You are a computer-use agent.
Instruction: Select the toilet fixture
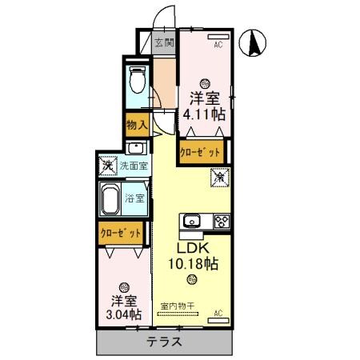136,80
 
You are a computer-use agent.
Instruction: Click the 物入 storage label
136,125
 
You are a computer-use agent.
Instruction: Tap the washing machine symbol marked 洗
108,166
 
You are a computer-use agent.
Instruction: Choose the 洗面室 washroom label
134,166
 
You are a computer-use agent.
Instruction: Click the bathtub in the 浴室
110,198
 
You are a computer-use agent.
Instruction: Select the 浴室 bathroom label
134,198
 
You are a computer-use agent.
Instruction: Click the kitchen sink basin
192,222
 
